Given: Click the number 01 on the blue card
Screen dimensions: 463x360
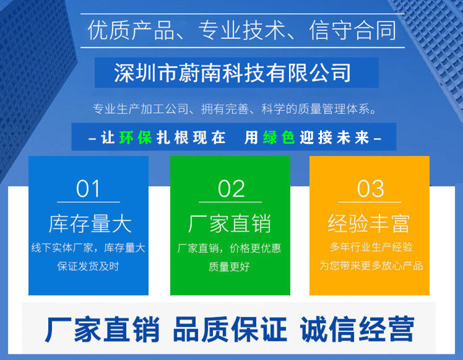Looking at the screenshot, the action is coord(88,188).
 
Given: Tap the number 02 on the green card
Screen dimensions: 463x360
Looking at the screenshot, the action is coord(231,188).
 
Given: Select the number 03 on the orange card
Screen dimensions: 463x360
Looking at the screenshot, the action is coord(371,188).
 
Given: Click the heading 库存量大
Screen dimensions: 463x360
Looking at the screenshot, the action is coord(90,224).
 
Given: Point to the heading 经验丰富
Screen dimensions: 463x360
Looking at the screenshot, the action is coord(369,224).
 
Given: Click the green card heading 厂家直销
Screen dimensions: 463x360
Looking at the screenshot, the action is coord(230,224).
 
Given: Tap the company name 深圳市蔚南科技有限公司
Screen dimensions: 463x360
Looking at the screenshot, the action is coord(232,72).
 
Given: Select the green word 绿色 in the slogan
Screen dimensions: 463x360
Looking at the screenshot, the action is coord(279,138).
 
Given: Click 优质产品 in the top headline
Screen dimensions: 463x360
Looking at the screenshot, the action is coord(131,30).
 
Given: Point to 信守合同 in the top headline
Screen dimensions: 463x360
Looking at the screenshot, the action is coord(353,30).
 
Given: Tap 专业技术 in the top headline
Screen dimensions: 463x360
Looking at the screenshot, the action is coord(242,30).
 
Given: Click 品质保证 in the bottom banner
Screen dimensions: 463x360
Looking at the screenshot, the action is coord(230,329).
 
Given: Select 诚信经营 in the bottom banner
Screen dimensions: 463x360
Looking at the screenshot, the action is coord(357,329).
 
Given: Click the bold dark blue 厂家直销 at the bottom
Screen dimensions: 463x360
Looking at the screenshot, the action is coord(102,329).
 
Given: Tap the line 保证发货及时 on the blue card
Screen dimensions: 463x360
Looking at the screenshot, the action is coord(88,266).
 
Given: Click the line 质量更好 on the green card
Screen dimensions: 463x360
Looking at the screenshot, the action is coord(229,267).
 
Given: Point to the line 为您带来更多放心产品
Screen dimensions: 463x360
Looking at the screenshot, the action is coord(371,266).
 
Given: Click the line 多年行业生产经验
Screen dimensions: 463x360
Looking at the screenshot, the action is coord(371,247).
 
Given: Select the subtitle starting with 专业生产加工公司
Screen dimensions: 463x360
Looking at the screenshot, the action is coord(235,109).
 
